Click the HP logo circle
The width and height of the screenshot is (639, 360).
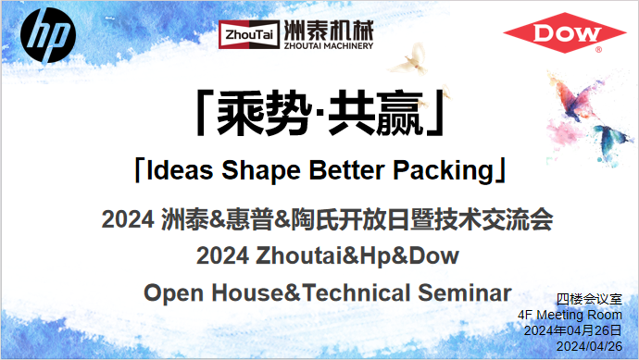click(x=48, y=36)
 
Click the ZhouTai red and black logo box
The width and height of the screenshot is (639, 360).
click(x=242, y=33)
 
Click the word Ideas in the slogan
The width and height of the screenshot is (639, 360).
click(x=178, y=171)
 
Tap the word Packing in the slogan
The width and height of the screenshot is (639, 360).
click(x=443, y=171)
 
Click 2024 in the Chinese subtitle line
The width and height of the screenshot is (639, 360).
click(x=128, y=221)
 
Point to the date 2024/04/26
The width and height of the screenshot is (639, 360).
click(x=589, y=346)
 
